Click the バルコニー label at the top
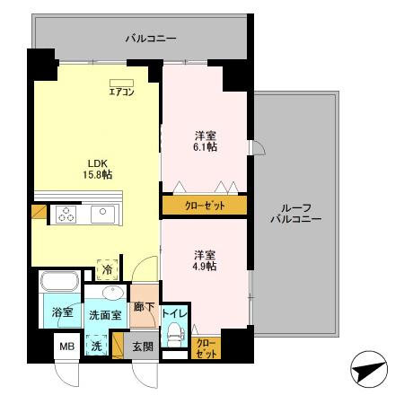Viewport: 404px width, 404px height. [151, 39]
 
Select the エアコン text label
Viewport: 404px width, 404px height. [121, 92]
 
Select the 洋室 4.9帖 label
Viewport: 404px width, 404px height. [206, 260]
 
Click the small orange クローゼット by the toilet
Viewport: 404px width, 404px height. [206, 347]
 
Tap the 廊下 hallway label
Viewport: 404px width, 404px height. [144, 307]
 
